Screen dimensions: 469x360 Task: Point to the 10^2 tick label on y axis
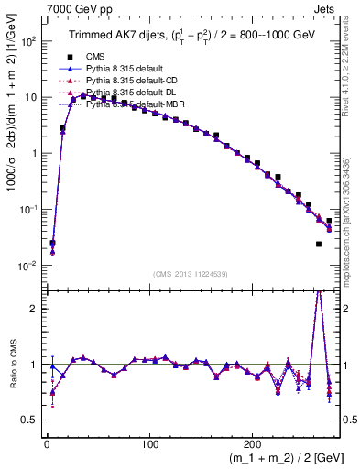tap(28, 41)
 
